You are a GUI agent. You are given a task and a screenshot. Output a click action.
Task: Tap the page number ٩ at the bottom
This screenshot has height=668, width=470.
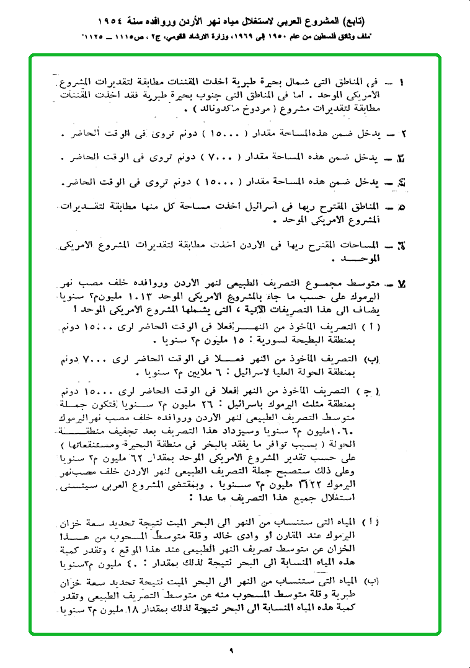click(230, 651)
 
